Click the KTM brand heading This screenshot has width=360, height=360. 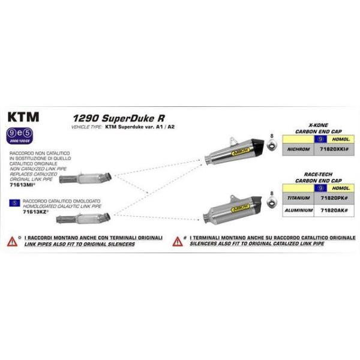(23, 117)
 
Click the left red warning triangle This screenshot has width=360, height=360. (12, 242)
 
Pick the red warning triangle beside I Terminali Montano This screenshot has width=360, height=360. (178, 242)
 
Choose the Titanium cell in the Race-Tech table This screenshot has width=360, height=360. (298, 198)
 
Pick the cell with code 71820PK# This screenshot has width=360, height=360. (331, 198)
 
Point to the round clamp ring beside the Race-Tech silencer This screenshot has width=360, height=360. (272, 205)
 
